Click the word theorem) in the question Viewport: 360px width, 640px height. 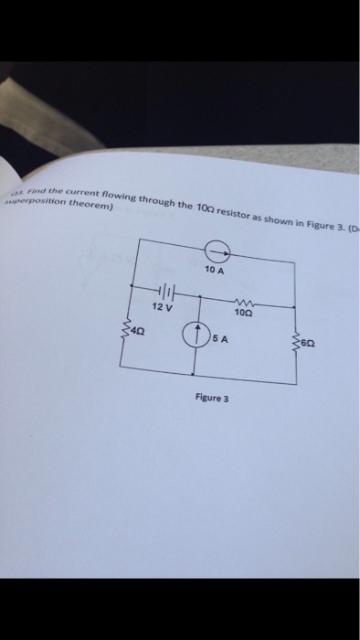(x=92, y=208)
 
